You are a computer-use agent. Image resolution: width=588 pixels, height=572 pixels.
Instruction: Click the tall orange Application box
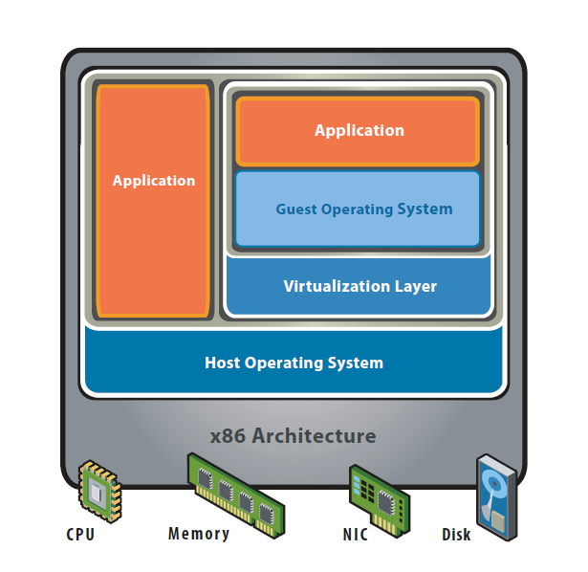[153, 201]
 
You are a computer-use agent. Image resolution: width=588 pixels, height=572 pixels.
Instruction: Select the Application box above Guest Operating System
[358, 131]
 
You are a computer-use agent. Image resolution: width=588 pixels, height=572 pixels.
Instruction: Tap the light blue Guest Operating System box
[358, 209]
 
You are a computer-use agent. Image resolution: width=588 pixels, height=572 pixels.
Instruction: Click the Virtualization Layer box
[359, 286]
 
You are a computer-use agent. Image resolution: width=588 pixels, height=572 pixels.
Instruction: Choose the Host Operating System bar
[294, 361]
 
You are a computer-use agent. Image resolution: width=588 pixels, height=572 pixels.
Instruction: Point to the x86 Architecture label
[293, 436]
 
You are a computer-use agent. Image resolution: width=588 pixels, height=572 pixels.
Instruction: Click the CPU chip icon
[99, 492]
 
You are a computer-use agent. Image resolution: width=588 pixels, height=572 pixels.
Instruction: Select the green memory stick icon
[236, 495]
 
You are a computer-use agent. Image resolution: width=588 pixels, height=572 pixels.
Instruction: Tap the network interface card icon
[380, 500]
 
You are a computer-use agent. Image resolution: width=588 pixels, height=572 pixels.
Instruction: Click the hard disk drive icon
[497, 497]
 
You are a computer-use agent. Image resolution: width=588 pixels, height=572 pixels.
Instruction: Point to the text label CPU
[80, 535]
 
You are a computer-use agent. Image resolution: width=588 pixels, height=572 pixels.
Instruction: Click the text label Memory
[199, 534]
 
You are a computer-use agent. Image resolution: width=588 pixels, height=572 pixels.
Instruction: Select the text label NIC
[356, 535]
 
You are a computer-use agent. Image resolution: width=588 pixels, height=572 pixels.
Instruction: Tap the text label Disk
[456, 535]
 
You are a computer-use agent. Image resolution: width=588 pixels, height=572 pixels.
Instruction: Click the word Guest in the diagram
[296, 209]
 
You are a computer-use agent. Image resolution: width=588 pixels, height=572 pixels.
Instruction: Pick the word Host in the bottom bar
[222, 363]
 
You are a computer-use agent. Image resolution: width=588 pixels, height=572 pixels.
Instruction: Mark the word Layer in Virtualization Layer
[416, 286]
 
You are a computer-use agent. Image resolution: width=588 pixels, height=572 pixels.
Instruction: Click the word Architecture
[314, 436]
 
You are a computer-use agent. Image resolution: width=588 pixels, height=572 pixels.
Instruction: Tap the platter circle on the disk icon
[494, 484]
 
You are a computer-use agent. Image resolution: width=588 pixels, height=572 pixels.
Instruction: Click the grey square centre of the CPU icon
[96, 493]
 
